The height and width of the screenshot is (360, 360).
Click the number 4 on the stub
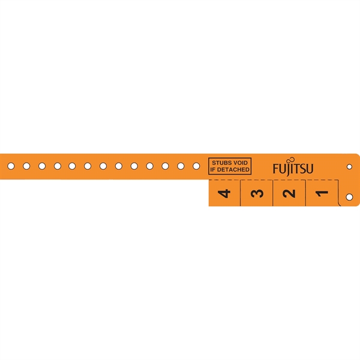point(225,193)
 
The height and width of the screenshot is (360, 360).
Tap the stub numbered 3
point(257,193)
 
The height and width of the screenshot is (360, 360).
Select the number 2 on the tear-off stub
point(289,193)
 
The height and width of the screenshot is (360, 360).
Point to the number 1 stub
point(322,193)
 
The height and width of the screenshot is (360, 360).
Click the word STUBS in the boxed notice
point(220,163)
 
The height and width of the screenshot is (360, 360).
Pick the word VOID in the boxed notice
point(240,163)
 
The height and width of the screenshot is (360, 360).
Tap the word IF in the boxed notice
point(213,170)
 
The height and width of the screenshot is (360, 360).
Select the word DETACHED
point(233,170)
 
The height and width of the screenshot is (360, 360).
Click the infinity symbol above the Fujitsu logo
point(292,160)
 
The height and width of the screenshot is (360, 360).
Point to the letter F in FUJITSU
point(276,169)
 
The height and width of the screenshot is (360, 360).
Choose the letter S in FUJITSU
point(302,169)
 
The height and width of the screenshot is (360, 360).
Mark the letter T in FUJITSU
point(296,169)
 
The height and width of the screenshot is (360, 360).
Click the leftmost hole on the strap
point(11,166)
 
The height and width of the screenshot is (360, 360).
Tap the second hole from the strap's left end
point(26,166)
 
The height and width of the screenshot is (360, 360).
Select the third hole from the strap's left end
point(42,166)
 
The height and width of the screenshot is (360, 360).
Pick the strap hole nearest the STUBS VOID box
point(196,166)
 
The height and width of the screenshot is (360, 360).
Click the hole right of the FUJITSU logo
point(350,166)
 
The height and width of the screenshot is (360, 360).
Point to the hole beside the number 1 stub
point(350,196)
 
